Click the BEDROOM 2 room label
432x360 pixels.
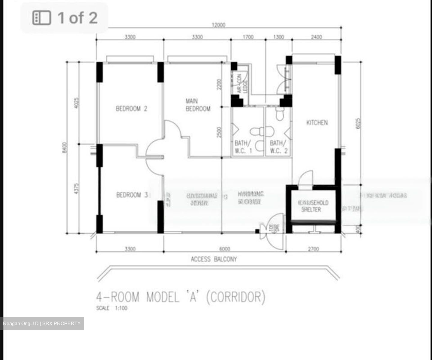[131, 109]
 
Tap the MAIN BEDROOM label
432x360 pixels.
[198, 105]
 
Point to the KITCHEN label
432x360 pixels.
[317, 122]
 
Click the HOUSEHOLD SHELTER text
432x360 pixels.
[313, 206]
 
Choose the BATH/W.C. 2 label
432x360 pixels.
[278, 147]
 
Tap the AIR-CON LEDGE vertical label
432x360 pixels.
[242, 83]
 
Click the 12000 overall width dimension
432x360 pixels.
[218, 25]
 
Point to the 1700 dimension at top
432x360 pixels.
[248, 37]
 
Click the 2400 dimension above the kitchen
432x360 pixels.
[316, 37]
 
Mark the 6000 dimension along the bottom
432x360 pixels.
[225, 249]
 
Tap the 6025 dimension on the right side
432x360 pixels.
[358, 123]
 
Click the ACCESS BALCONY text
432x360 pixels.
[214, 259]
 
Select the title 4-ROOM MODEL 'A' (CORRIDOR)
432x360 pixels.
[181, 297]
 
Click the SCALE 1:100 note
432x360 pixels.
[112, 308]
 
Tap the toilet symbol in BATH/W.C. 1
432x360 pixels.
[262, 131]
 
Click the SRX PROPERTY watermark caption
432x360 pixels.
[42, 323]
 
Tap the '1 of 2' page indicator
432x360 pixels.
[65, 18]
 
